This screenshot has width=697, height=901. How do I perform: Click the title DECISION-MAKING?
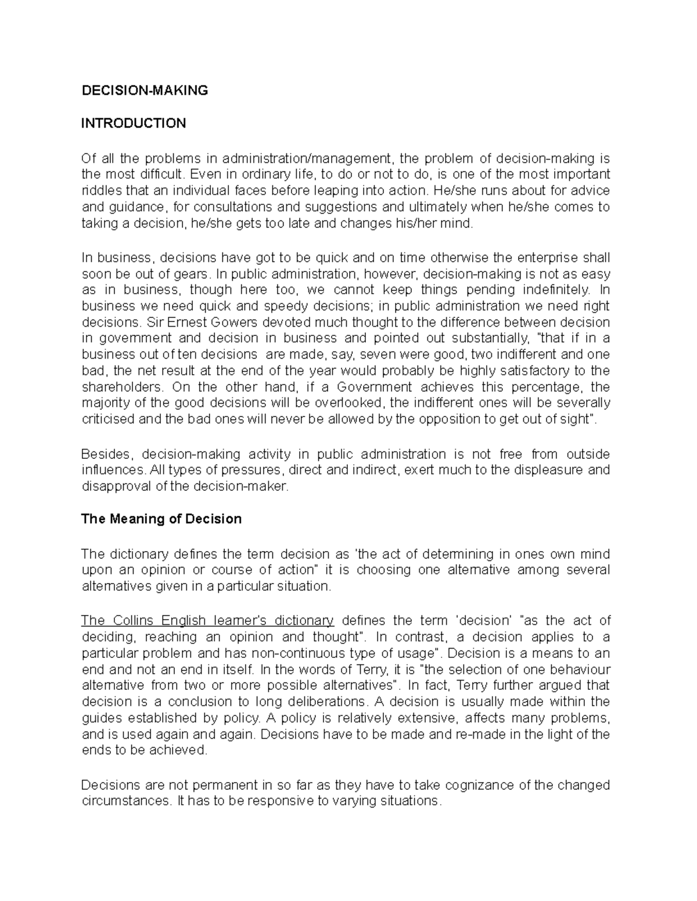[144, 91]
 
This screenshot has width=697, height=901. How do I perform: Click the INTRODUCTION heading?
[134, 123]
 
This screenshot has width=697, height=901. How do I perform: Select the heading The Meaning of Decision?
[161, 519]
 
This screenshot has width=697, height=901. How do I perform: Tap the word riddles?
[99, 191]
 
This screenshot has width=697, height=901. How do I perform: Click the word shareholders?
[120, 387]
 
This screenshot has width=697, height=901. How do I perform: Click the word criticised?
[108, 419]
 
